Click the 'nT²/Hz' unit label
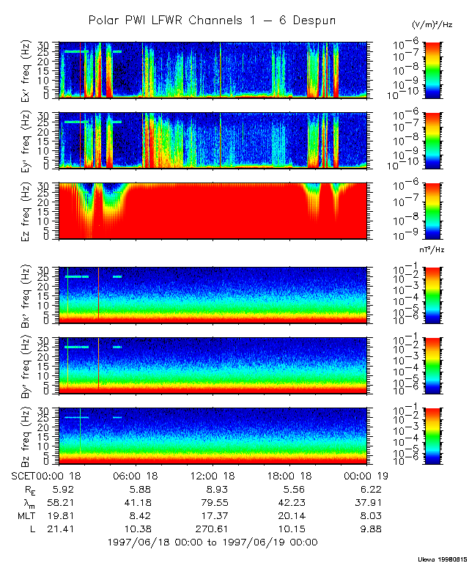(433, 249)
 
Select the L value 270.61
(213, 529)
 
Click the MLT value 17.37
(213, 515)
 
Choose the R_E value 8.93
(213, 489)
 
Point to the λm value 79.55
(213, 502)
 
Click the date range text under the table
(213, 542)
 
